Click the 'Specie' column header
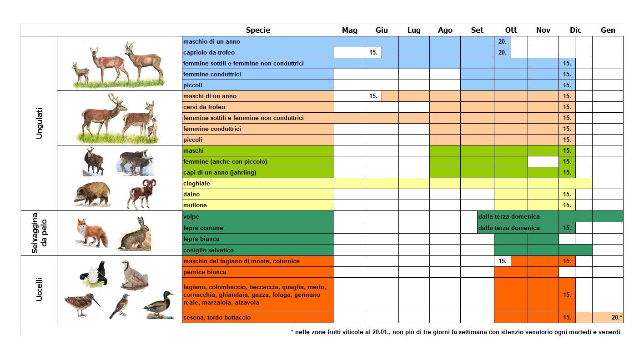coord(258,30)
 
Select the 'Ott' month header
coord(511,30)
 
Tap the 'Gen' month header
coord(608,30)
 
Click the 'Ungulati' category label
coord(39,123)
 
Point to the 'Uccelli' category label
coord(39,289)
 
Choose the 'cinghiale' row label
coord(196,184)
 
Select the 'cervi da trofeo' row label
coord(204,107)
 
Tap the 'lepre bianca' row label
coord(201,239)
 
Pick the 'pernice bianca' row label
coord(205,272)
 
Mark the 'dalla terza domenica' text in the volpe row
coord(509,217)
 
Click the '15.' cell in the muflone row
coord(567,205)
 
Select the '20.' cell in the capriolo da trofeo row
coord(502,53)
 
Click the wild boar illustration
coord(92,194)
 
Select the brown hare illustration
coord(134,234)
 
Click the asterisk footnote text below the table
coord(455,332)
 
